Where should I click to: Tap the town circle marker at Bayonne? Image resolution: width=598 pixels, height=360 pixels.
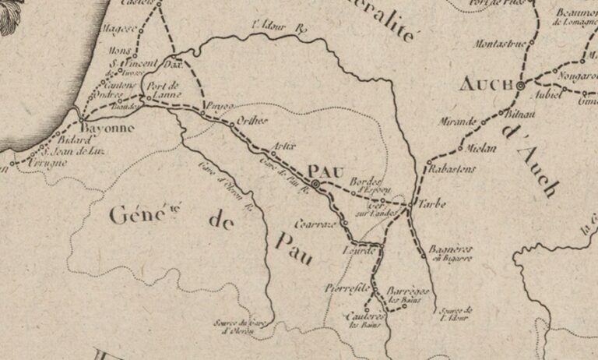83,118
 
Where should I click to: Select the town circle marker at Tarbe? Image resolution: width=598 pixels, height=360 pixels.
410,206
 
